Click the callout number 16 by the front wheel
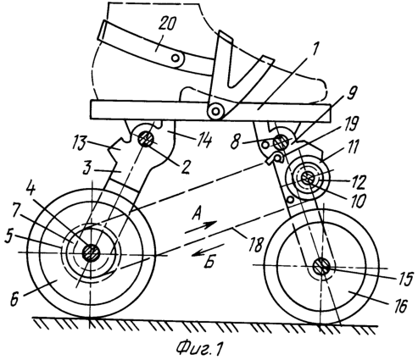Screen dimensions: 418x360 [x=399, y=305]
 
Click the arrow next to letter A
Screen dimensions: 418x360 [x=201, y=227]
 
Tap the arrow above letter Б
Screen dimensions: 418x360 [x=208, y=249]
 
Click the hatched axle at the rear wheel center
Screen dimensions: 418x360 [x=91, y=252]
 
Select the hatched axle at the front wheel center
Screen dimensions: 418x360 [x=321, y=267]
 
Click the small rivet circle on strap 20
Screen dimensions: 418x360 [x=176, y=58]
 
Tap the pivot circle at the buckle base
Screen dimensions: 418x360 [x=215, y=111]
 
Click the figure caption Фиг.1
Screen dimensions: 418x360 [x=199, y=348]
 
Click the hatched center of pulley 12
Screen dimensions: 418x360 [x=307, y=178]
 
